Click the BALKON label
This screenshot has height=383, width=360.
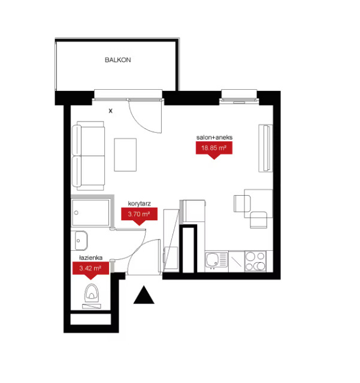coord(117,60)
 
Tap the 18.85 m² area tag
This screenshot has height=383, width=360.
coord(214,149)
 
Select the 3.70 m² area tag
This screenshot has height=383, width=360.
coord(139,215)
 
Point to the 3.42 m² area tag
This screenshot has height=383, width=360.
coord(90,270)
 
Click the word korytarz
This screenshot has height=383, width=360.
coord(139,203)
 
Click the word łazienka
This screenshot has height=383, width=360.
coord(90,257)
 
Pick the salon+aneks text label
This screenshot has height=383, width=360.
coord(214,137)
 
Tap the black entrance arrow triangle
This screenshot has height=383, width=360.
coord(144,294)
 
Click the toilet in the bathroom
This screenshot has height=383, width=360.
coord(92,293)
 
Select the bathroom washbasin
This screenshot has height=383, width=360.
coord(81,241)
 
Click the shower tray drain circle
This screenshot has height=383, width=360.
coord(76,213)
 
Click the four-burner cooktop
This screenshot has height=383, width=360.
coord(255,261)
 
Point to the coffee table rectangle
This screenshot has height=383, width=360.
coord(125,155)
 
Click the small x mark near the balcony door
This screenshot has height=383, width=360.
coord(111,111)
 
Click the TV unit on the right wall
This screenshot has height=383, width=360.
coord(265,148)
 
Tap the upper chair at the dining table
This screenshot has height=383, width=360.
coord(242,203)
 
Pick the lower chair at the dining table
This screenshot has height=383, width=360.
coord(259,220)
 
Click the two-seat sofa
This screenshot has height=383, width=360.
coord(89,156)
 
